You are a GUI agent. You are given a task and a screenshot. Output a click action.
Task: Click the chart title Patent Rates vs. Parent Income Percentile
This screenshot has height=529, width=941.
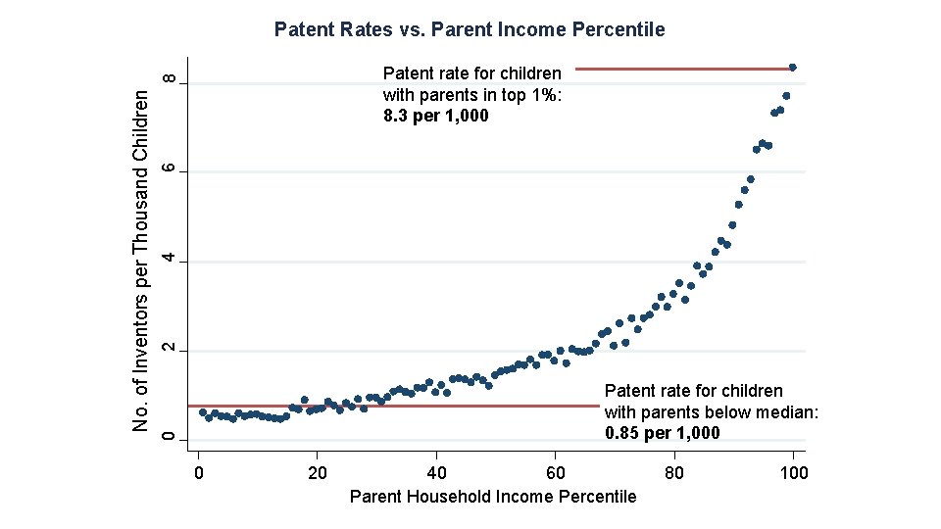click(470, 29)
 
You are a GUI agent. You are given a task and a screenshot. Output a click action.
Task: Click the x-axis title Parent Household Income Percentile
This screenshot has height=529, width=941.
click(493, 497)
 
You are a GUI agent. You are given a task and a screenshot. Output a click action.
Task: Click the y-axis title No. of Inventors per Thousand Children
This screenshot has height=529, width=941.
click(142, 260)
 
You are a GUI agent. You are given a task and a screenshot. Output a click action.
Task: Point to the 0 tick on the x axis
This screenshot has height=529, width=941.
click(199, 474)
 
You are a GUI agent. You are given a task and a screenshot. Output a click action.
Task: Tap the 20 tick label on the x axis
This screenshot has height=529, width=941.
click(318, 474)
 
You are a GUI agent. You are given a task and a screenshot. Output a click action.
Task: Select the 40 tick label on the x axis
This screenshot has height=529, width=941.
click(436, 474)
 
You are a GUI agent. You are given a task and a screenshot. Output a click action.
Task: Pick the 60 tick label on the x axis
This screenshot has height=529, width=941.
click(555, 474)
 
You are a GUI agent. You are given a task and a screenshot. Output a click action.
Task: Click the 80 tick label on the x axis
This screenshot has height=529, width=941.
click(674, 474)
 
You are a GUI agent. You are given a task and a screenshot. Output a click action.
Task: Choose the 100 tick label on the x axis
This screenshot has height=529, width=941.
click(793, 474)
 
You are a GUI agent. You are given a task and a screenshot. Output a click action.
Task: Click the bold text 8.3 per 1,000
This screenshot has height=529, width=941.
click(436, 117)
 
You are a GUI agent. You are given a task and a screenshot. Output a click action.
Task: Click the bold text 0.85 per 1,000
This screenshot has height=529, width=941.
click(663, 433)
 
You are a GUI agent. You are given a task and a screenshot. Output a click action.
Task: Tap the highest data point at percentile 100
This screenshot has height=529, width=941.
click(793, 68)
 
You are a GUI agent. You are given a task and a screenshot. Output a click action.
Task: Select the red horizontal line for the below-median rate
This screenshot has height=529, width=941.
click(392, 406)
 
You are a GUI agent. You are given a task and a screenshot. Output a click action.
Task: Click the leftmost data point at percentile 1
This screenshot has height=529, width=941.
click(203, 412)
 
